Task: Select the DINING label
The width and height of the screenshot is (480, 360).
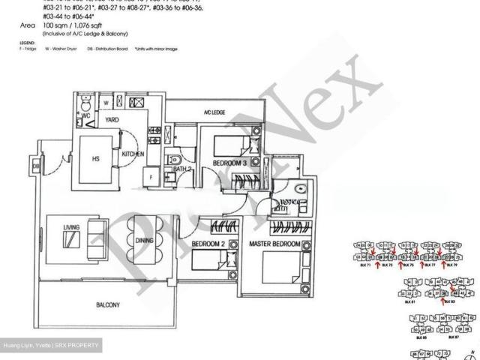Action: tap(145, 241)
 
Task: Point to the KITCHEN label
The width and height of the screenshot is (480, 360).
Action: tap(132, 154)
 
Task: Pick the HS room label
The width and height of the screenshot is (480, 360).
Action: tap(95, 159)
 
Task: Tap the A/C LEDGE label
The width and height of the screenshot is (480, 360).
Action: tap(214, 112)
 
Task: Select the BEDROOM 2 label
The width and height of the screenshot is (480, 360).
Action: tap(207, 244)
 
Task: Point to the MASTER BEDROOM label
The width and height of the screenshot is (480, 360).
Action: tap(275, 244)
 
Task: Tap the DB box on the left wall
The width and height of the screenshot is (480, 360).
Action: tap(36, 166)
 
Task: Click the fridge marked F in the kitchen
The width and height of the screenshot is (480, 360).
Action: tap(151, 177)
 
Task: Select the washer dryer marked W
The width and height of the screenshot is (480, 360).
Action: tap(106, 103)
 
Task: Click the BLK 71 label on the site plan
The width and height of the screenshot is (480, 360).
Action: tap(367, 265)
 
